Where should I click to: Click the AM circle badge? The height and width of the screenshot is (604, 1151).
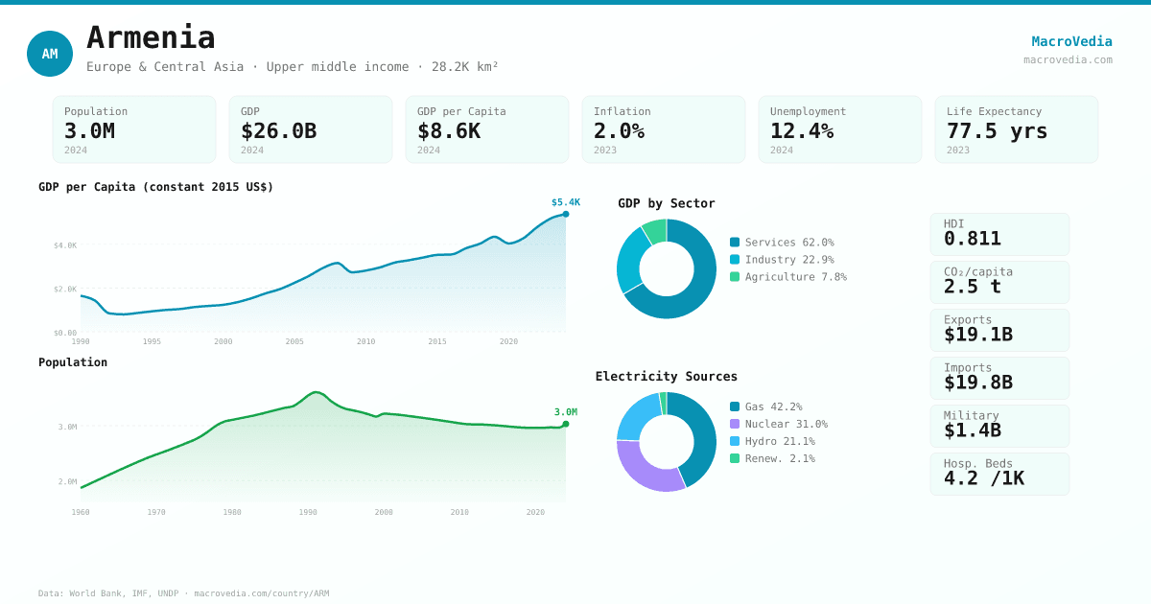tap(50, 54)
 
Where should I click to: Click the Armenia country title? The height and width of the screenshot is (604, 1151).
tap(151, 37)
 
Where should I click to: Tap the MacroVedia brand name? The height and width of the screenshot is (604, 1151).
tap(1071, 41)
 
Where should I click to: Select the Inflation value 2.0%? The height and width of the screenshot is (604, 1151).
tap(619, 130)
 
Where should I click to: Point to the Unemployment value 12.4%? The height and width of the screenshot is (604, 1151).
tap(801, 130)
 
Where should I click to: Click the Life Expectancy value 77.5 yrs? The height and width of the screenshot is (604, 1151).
tap(997, 130)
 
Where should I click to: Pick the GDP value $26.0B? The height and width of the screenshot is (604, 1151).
tap(278, 130)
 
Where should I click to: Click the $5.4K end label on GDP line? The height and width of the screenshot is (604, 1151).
tap(565, 202)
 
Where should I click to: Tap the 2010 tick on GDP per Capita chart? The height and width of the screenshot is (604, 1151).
tap(365, 341)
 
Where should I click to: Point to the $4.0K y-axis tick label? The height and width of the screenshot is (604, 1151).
tap(65, 245)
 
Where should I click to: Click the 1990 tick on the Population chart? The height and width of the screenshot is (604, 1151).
tap(308, 512)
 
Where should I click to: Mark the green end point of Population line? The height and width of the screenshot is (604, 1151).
tap(566, 424)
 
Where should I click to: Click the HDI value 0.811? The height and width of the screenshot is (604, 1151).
tap(972, 238)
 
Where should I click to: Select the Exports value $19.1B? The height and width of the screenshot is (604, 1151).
tap(977, 334)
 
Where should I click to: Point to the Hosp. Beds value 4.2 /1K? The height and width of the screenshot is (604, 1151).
tap(983, 477)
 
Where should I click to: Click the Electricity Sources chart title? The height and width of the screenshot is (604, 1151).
tap(666, 377)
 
